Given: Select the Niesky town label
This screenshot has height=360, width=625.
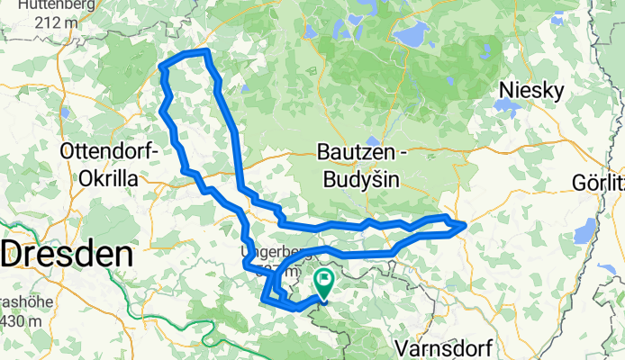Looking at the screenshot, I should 535,91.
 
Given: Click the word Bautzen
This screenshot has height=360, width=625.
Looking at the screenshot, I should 356,153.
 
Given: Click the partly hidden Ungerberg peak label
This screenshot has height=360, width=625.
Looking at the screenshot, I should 267,252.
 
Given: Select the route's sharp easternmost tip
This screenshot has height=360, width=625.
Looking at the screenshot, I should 465,226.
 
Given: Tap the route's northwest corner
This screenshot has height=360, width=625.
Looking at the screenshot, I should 162,67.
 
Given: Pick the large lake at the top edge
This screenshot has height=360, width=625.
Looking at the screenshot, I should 411,37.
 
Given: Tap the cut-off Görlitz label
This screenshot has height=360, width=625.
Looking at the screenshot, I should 600,184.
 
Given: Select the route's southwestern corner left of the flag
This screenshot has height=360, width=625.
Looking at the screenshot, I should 263,299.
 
